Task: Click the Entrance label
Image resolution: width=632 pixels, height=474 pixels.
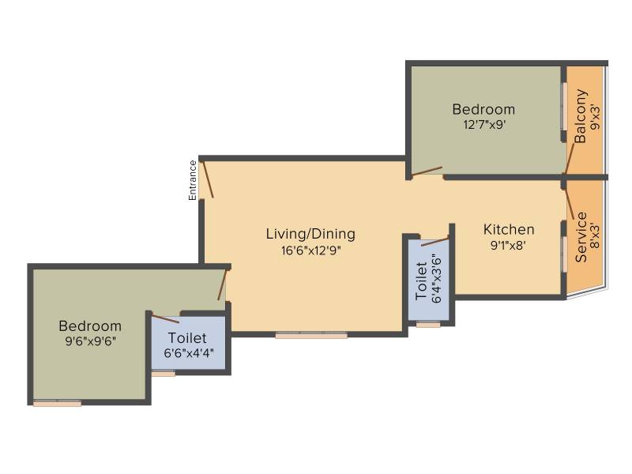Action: click(193, 180)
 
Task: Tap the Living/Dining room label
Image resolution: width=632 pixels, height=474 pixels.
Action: click(310, 234)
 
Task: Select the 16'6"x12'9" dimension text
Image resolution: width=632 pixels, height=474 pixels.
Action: click(310, 250)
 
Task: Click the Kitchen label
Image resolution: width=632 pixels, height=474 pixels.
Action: click(509, 229)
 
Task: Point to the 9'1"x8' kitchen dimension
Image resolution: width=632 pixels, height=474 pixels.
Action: click(508, 245)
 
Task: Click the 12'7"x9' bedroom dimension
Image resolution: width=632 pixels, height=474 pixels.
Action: click(484, 124)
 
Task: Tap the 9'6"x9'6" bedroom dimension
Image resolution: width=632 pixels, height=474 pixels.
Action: click(90, 341)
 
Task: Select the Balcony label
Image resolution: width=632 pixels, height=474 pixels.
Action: click(581, 116)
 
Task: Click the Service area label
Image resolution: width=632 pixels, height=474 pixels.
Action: click(581, 238)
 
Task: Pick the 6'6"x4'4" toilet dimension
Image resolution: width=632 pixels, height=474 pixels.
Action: click(189, 353)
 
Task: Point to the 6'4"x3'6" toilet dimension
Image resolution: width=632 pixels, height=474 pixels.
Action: click(437, 278)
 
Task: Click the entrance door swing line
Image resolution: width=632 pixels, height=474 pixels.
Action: click(208, 179)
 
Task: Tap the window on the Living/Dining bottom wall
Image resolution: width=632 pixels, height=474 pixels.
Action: click(311, 335)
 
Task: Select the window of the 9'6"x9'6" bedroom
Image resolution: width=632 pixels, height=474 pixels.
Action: click(57, 403)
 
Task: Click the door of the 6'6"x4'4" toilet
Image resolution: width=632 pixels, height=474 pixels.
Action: click(166, 318)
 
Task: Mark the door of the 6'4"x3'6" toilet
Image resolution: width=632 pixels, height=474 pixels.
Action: click(435, 242)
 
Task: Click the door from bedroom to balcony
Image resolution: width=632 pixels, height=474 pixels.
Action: click(570, 159)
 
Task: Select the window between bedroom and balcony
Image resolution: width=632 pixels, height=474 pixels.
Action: click(564, 107)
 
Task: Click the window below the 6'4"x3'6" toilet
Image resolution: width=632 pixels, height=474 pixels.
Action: click(428, 324)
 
